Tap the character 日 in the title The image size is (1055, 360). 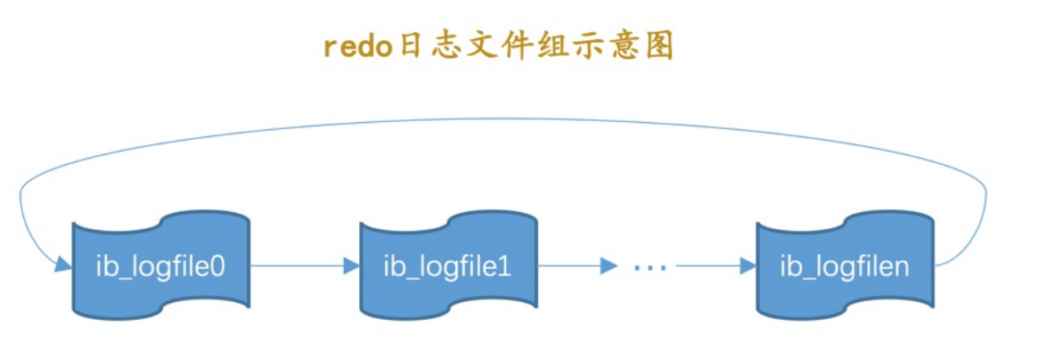point(410,47)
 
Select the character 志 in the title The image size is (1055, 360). point(449,47)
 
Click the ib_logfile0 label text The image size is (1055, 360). point(160,266)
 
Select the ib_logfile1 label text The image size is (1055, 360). point(447,266)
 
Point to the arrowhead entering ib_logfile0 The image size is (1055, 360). point(63,265)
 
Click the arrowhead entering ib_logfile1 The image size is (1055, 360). point(352,265)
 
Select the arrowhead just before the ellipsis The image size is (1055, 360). point(609,265)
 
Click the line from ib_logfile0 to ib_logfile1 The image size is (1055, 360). point(294,265)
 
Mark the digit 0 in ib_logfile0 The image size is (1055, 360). point(217,266)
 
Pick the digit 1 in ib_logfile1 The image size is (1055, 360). point(504,266)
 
